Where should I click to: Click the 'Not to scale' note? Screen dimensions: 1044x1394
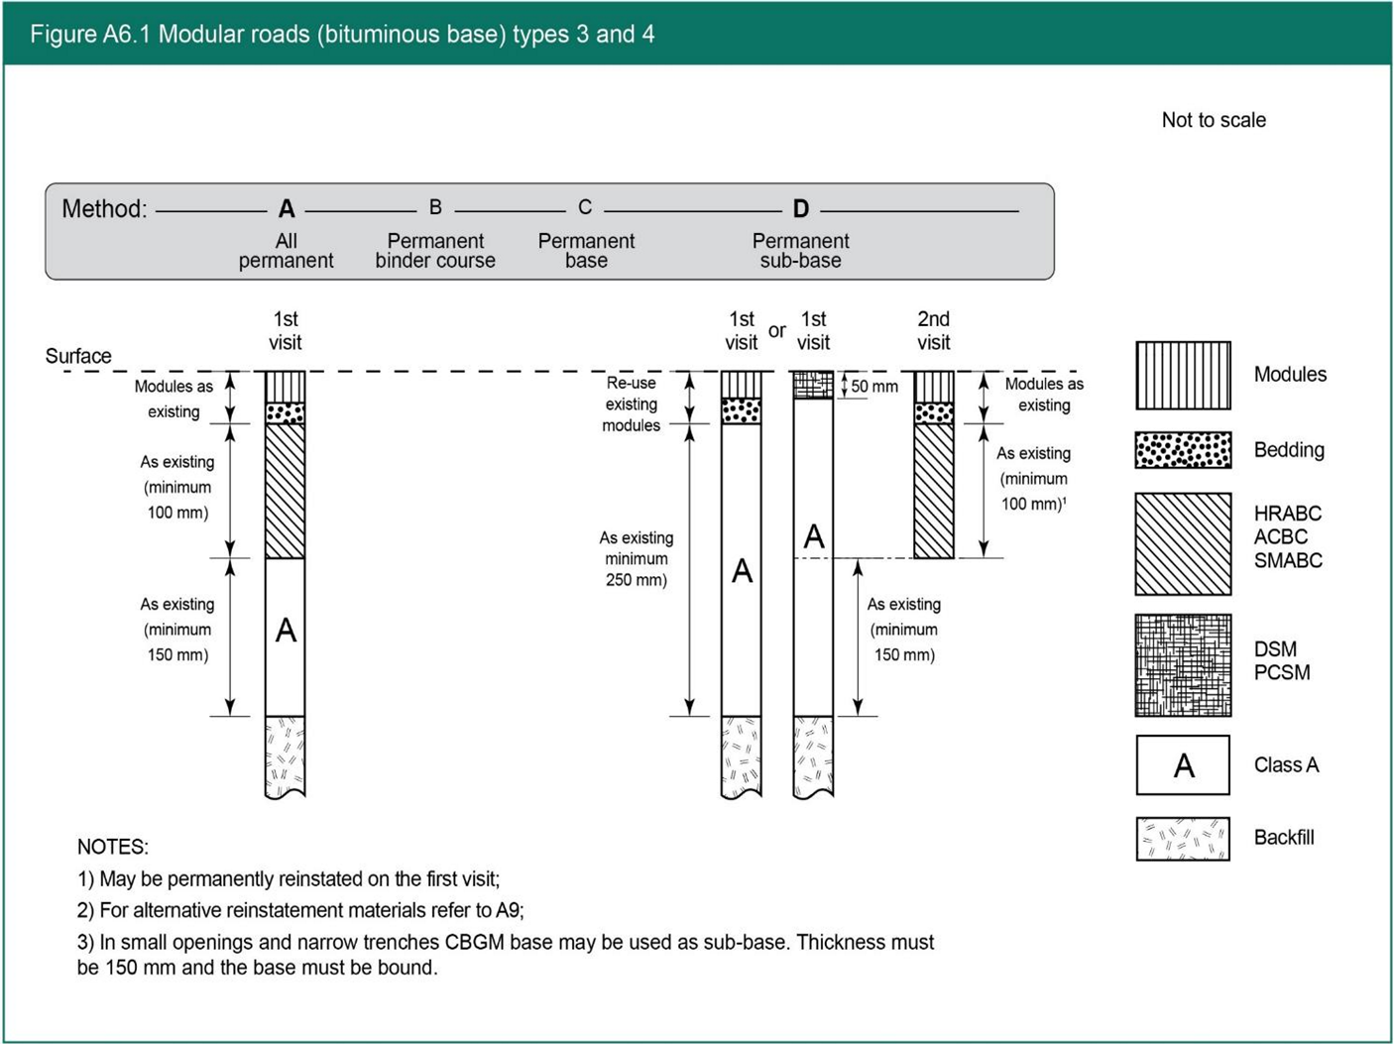coord(1213,120)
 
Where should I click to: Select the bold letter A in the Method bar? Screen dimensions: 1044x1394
coord(287,209)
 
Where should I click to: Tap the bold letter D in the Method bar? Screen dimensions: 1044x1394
coord(801,209)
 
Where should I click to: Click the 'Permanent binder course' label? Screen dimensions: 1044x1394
coord(435,251)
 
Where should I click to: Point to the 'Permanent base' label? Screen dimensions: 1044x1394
coord(586,251)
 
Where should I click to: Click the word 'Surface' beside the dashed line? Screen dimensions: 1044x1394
coord(78,356)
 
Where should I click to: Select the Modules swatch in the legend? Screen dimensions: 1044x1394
coord(1183,376)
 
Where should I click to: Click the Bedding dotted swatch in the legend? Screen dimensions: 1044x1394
coord(1183,450)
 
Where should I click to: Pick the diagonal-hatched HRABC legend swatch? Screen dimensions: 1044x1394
coord(1183,544)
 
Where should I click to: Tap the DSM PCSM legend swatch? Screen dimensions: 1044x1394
coord(1183,665)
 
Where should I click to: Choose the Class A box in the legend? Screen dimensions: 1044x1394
coord(1183,765)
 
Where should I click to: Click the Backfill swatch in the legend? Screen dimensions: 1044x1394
coord(1183,839)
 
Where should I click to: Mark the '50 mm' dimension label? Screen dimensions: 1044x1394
coord(873,387)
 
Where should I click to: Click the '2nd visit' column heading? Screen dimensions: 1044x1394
coord(933,331)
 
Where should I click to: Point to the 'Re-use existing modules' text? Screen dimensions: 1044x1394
coord(632,405)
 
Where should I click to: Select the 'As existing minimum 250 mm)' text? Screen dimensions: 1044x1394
coord(637,559)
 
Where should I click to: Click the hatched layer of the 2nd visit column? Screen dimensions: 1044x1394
coord(933,491)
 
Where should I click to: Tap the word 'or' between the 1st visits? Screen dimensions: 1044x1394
coord(777,331)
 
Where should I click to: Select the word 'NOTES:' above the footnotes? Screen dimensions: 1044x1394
coord(113,848)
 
